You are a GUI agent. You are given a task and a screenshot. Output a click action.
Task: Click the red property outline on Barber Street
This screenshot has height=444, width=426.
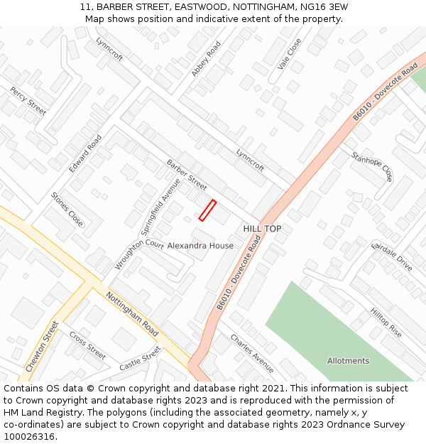207,210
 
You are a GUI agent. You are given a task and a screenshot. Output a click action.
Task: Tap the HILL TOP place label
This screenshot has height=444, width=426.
262,229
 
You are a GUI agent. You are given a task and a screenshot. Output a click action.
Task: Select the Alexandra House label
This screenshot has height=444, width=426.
200,246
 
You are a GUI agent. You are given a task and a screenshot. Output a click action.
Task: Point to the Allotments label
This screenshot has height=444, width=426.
348,361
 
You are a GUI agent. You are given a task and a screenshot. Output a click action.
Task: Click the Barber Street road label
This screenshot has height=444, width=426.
186,175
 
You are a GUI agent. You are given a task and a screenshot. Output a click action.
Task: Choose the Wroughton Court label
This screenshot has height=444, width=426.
139,254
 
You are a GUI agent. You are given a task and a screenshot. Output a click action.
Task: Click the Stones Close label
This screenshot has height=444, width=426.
67,210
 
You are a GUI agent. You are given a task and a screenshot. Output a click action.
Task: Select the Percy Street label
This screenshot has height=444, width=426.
28,101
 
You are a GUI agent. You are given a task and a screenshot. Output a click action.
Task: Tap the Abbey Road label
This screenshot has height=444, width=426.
206,59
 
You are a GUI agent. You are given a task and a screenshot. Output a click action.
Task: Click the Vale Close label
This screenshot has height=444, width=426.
290,54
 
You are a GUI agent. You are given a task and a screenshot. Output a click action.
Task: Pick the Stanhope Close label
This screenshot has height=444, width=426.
371,166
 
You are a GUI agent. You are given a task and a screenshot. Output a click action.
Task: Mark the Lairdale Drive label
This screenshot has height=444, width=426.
391,256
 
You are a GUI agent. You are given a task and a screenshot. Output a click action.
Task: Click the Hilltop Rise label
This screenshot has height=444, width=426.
386,323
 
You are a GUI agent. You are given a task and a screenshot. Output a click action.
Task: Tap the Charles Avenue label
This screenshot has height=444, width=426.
251,353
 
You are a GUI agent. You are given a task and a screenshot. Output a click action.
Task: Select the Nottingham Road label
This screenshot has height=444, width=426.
131,314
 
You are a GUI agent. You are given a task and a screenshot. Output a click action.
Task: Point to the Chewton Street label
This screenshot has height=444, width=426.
42,347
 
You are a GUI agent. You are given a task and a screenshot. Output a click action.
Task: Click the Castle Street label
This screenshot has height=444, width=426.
140,359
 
